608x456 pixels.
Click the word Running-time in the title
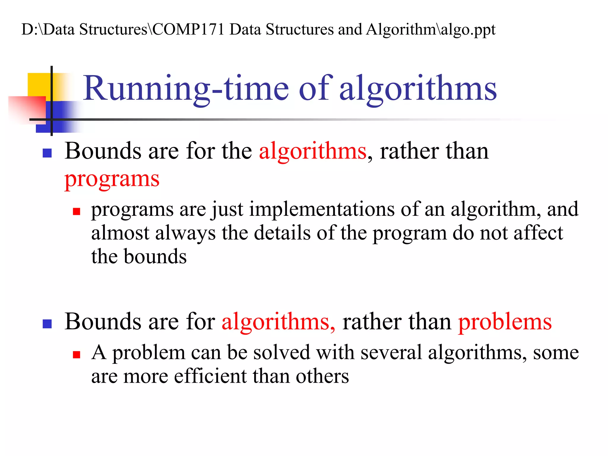pyautogui.click(x=186, y=88)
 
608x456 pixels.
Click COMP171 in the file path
pyautogui.click(x=189, y=29)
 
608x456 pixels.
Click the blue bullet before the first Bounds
pyautogui.click(x=47, y=153)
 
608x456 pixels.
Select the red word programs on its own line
pyautogui.click(x=112, y=179)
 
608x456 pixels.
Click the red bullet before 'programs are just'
pyautogui.click(x=77, y=211)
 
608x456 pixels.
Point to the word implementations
pyautogui.click(x=322, y=209)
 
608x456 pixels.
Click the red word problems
pyautogui.click(x=505, y=322)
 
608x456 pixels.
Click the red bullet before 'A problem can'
pyautogui.click(x=77, y=354)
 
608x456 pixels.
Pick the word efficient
pyautogui.click(x=210, y=376)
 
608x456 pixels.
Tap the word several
pyautogui.click(x=391, y=352)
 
